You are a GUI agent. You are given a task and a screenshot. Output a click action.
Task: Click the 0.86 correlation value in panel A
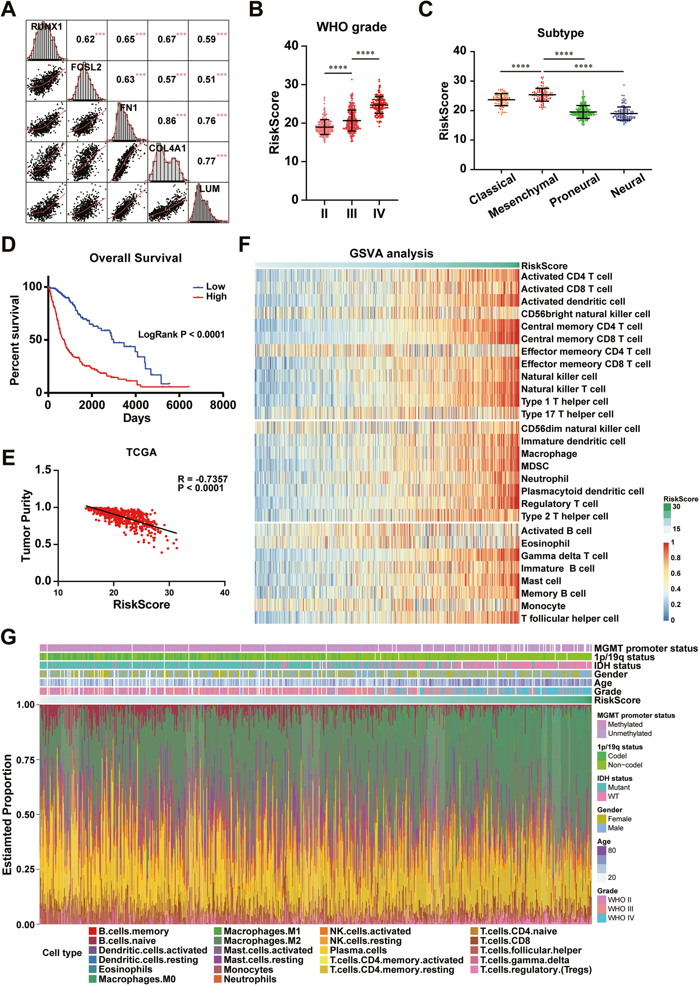pyautogui.click(x=167, y=121)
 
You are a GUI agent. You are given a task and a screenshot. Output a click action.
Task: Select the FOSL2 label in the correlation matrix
pyautogui.click(x=86, y=67)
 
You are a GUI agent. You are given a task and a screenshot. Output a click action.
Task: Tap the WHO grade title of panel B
pyautogui.click(x=351, y=27)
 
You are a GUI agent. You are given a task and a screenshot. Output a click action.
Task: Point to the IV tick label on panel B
pyautogui.click(x=379, y=213)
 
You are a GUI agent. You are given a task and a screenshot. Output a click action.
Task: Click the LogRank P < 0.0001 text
pyautogui.click(x=181, y=335)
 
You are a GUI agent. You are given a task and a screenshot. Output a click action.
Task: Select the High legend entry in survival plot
pyautogui.click(x=216, y=296)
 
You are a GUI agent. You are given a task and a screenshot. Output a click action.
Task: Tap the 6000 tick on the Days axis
pyautogui.click(x=179, y=405)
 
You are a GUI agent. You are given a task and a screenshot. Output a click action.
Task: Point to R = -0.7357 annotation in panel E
pyautogui.click(x=203, y=479)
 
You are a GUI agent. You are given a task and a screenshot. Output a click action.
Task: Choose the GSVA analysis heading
pyautogui.click(x=391, y=253)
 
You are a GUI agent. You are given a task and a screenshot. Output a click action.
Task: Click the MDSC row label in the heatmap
pyautogui.click(x=535, y=466)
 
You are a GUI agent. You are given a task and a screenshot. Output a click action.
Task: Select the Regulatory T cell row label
pyautogui.click(x=559, y=504)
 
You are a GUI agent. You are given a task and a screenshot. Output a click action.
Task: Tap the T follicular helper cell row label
pyautogui.click(x=569, y=619)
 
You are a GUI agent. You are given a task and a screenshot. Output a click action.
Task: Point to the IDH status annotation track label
pyautogui.click(x=617, y=666)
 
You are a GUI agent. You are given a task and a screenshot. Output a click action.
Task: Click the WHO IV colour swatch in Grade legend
pyautogui.click(x=602, y=918)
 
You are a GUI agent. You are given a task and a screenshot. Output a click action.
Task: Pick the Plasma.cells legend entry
pyautogui.click(x=358, y=950)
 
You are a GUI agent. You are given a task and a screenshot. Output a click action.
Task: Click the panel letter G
pyautogui.click(x=9, y=637)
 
